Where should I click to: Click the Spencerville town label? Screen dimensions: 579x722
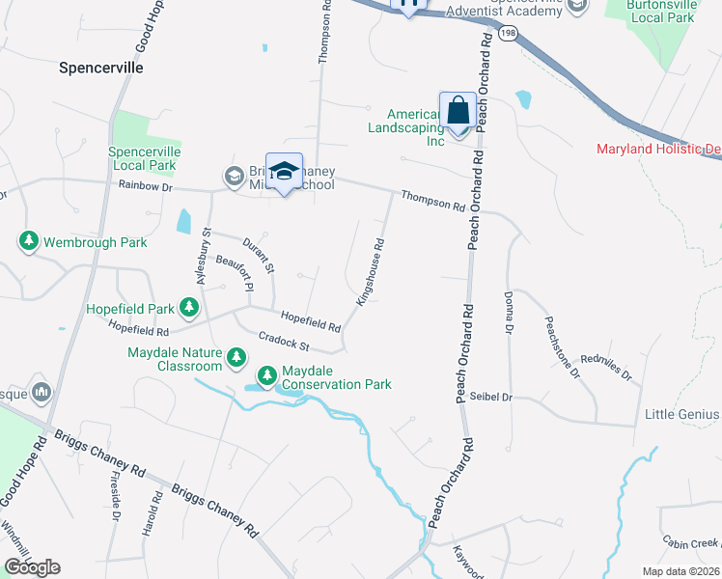(x=100, y=69)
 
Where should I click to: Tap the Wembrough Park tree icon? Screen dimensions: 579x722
(x=29, y=241)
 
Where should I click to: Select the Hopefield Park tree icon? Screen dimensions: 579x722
(x=190, y=309)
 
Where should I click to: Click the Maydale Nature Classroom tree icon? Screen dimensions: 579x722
(x=236, y=359)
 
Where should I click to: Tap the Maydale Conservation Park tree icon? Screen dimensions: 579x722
(x=267, y=374)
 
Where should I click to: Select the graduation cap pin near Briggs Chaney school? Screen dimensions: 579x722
(x=284, y=172)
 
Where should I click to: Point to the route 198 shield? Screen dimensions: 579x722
(x=509, y=33)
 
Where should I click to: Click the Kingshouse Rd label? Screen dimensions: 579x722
(x=372, y=273)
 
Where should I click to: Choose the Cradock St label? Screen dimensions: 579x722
(x=283, y=341)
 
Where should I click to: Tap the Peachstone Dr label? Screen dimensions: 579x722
(x=563, y=346)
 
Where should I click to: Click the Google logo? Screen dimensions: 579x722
(x=32, y=566)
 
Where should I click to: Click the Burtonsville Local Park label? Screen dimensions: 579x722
(x=661, y=11)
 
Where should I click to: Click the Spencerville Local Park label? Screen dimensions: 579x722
(x=145, y=159)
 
